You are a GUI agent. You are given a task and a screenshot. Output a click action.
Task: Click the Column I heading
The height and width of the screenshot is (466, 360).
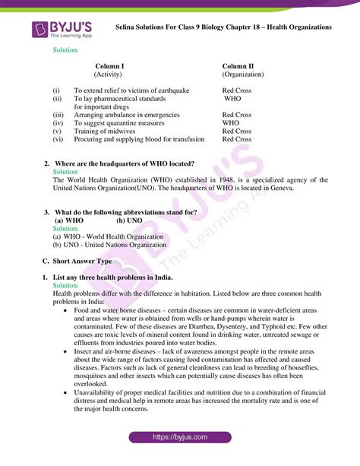click(x=109, y=66)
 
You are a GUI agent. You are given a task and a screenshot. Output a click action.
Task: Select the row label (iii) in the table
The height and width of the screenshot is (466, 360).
click(x=58, y=115)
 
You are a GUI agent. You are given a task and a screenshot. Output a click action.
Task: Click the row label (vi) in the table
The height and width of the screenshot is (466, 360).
click(x=58, y=139)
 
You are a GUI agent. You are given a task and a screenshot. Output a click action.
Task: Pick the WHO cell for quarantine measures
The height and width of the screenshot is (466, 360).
click(x=230, y=122)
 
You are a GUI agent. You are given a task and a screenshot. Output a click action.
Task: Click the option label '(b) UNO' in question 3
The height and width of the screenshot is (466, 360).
click(x=130, y=220)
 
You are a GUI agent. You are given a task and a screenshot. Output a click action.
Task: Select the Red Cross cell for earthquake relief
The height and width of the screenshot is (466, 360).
click(x=236, y=90)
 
